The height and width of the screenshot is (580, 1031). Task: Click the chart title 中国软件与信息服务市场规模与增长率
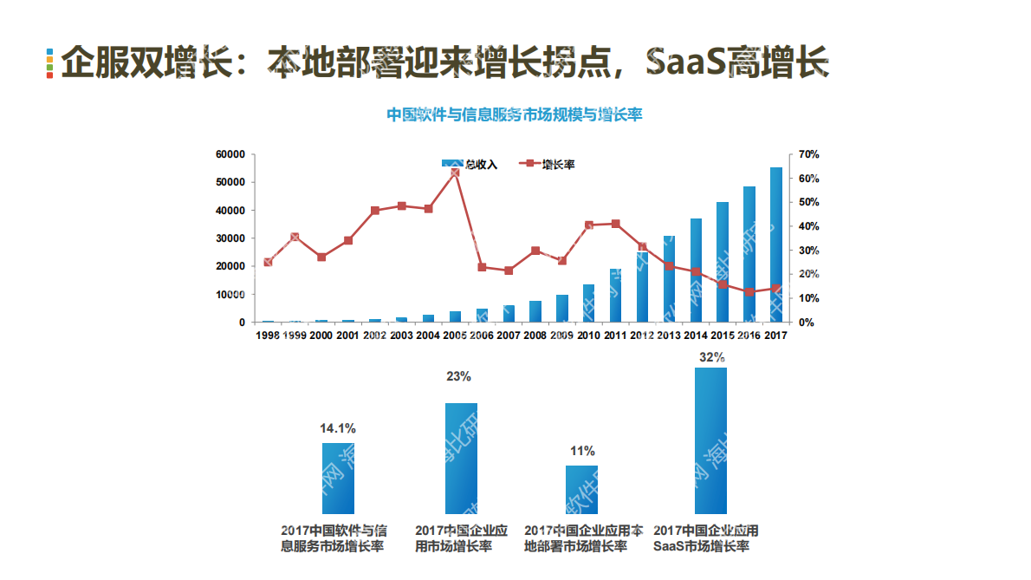click(514, 114)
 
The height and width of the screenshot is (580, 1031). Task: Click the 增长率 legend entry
click(547, 164)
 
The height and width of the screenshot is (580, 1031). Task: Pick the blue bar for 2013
click(669, 278)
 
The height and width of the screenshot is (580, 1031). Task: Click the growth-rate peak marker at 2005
click(455, 173)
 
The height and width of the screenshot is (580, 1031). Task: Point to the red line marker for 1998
click(268, 262)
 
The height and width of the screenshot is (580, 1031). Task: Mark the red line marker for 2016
click(749, 292)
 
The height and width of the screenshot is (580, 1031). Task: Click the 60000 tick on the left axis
click(230, 154)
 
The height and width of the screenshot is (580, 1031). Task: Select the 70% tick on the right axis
click(808, 154)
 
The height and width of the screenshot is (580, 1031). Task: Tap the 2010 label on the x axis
click(588, 336)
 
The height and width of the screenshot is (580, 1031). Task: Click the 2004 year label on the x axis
click(428, 336)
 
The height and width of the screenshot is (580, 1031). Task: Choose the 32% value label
click(710, 356)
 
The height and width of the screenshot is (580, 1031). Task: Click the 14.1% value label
click(338, 428)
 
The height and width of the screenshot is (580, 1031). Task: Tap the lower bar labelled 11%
click(581, 490)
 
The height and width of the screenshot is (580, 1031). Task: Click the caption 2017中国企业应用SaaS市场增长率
click(706, 538)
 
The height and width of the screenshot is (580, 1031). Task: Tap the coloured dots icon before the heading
click(50, 63)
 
